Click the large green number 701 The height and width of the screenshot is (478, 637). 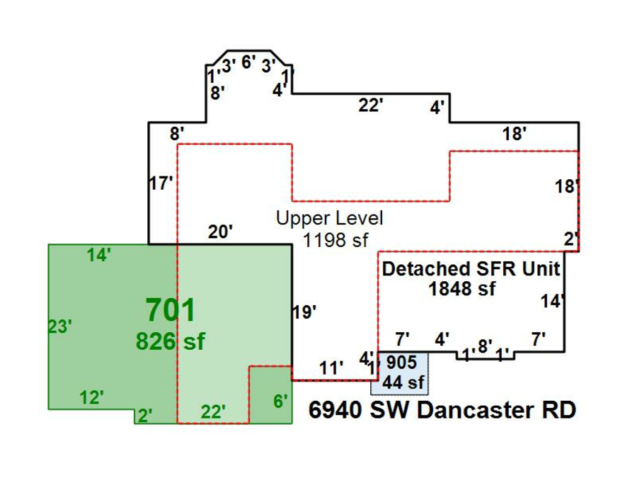[170, 310]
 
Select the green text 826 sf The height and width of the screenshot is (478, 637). [170, 341]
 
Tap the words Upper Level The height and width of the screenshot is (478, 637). [329, 218]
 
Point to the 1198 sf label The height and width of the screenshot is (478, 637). [335, 240]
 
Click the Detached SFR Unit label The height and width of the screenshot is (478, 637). [471, 269]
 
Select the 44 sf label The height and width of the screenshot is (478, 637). [403, 382]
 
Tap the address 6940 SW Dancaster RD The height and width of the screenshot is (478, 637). [442, 410]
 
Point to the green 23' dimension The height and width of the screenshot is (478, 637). [59, 326]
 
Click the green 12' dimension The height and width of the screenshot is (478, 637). [92, 398]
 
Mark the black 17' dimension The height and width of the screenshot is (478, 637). [161, 183]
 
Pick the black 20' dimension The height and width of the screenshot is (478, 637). [220, 232]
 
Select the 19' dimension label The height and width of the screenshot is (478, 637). [304, 312]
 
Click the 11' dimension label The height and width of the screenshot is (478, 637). [331, 368]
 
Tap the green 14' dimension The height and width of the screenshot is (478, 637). [98, 256]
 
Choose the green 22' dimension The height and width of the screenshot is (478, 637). [213, 411]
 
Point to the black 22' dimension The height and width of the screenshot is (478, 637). [370, 106]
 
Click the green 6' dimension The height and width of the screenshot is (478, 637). [280, 401]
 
